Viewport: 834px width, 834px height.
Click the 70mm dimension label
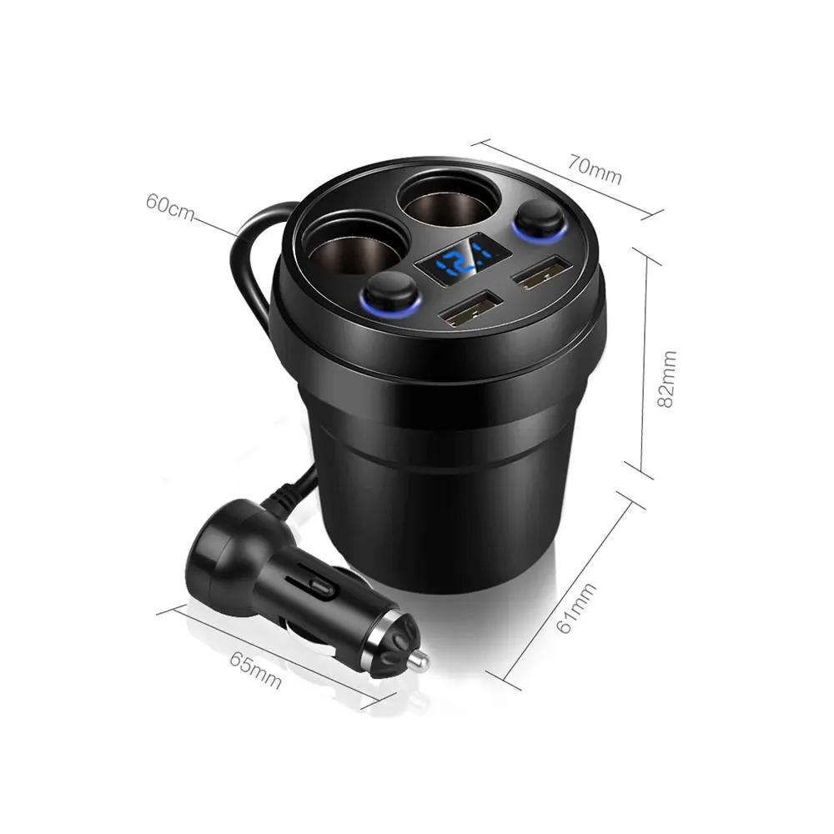pos(594,168)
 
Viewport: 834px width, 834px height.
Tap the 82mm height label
pos(666,379)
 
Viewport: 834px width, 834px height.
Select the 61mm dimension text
pos(576,607)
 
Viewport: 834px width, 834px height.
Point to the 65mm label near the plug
pos(255,670)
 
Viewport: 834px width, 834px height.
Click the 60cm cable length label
pos(170,208)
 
